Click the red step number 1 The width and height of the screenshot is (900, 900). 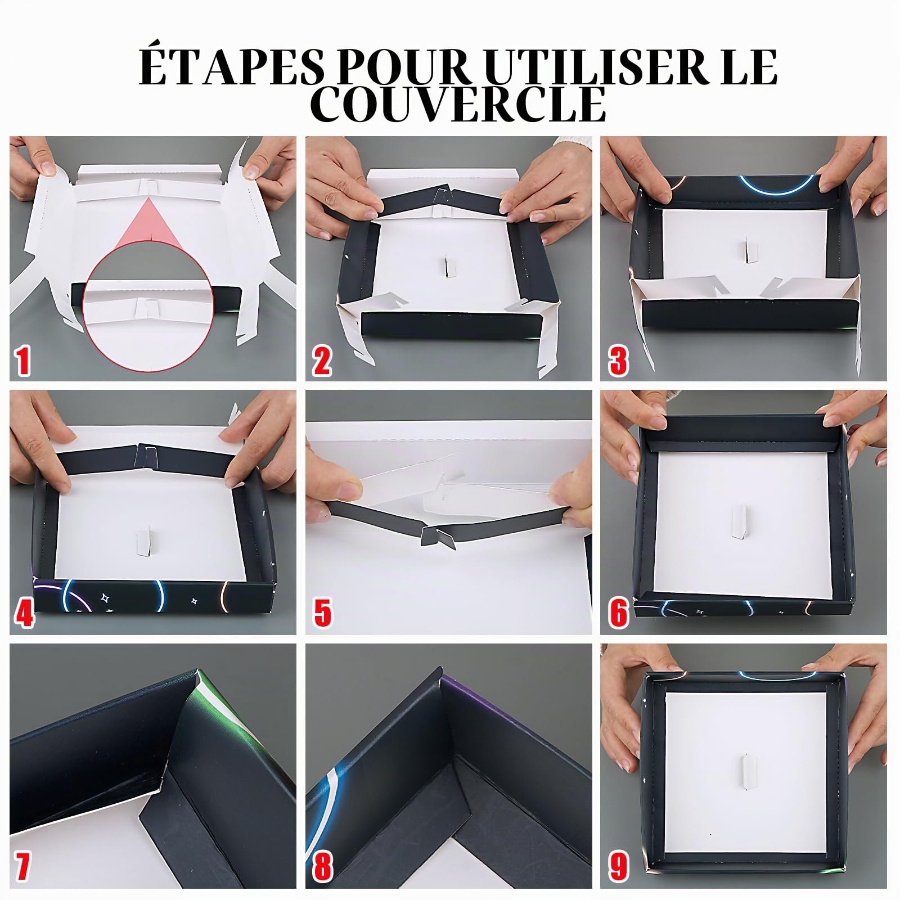click(23, 361)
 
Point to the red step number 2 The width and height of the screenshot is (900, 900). click(322, 361)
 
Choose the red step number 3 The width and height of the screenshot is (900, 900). click(618, 361)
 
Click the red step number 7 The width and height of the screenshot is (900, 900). click(22, 866)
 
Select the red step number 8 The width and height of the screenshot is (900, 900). click(322, 866)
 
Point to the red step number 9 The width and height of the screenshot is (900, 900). click(618, 866)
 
